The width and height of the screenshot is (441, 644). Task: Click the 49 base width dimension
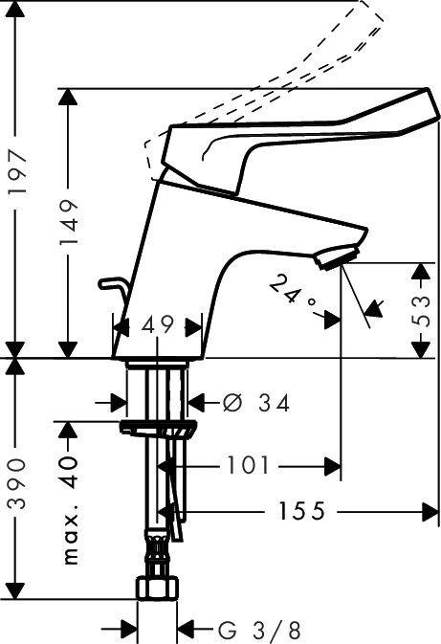tap(158, 326)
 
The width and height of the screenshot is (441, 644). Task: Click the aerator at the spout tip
tap(338, 258)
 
